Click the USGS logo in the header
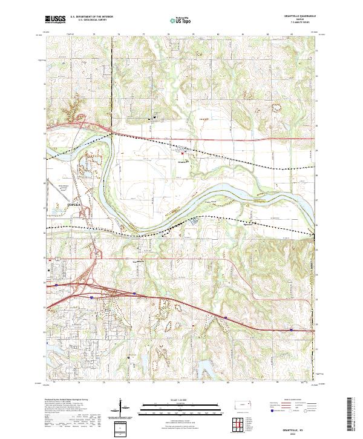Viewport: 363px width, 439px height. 55,21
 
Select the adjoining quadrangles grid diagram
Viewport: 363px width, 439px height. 241,423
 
